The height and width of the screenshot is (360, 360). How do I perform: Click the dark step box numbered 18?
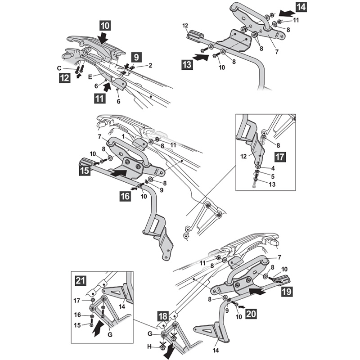coord(163,316)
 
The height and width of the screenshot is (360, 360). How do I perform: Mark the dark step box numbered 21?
coord(81,280)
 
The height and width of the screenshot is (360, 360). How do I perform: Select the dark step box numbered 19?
coord(287,292)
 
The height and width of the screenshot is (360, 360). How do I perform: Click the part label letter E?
coord(90,76)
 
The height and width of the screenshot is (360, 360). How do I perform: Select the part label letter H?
coord(149,346)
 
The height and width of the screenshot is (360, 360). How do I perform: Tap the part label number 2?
coord(150,65)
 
